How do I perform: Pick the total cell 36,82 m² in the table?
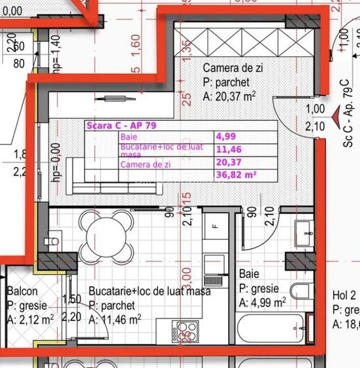pos(236,175)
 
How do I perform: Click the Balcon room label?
pos(22,292)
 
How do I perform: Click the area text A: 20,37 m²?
pos(229,95)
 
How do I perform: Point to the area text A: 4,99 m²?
pos(262,302)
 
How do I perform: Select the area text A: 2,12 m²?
pos(31,319)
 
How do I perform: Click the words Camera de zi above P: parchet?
pos(232,68)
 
